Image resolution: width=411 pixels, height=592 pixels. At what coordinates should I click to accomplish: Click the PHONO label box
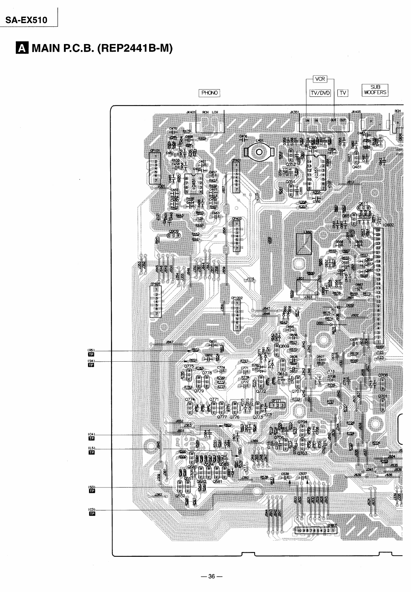209,93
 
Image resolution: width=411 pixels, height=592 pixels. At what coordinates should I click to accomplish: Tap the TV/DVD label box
320,93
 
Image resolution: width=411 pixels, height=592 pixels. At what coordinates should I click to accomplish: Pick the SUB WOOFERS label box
375,90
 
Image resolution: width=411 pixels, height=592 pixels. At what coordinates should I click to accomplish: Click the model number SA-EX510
26,20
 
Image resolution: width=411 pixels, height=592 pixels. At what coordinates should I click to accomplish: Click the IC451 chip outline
194,183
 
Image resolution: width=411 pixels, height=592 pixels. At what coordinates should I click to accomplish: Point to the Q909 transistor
173,236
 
